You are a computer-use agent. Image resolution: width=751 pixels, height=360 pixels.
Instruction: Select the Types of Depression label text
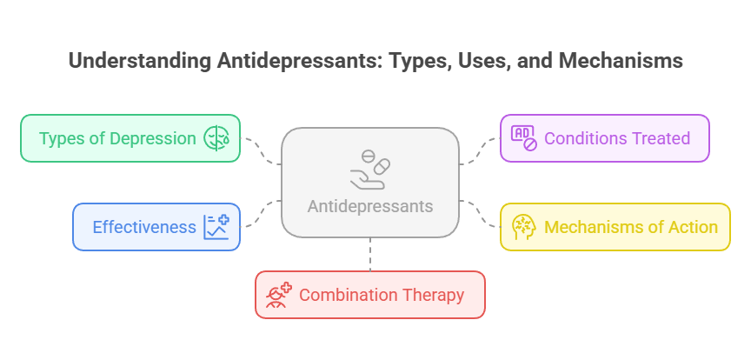coord(117,138)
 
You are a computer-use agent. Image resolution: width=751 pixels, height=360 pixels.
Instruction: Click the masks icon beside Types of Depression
coord(216,138)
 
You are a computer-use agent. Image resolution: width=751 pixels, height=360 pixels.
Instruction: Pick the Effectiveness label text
coord(144,227)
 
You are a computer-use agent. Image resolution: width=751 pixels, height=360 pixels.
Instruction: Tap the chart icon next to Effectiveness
coord(216,227)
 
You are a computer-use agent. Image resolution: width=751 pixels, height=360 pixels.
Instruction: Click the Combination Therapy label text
coord(381,295)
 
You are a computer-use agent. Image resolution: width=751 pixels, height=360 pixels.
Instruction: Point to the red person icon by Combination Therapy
coord(279,295)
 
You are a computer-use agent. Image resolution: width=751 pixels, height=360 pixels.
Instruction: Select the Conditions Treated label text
coord(616,138)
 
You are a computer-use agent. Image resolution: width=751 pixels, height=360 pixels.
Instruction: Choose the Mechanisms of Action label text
coord(631,227)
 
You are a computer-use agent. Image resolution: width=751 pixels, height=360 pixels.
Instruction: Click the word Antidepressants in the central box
coord(370,207)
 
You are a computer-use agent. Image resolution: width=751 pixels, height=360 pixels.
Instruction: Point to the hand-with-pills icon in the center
coord(370,170)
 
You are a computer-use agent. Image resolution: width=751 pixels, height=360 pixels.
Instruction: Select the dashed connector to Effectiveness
coord(262,213)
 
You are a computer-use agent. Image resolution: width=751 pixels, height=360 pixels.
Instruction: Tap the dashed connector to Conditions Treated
coord(480,150)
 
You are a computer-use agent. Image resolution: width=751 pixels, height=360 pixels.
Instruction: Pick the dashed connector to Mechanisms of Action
coord(479,213)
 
